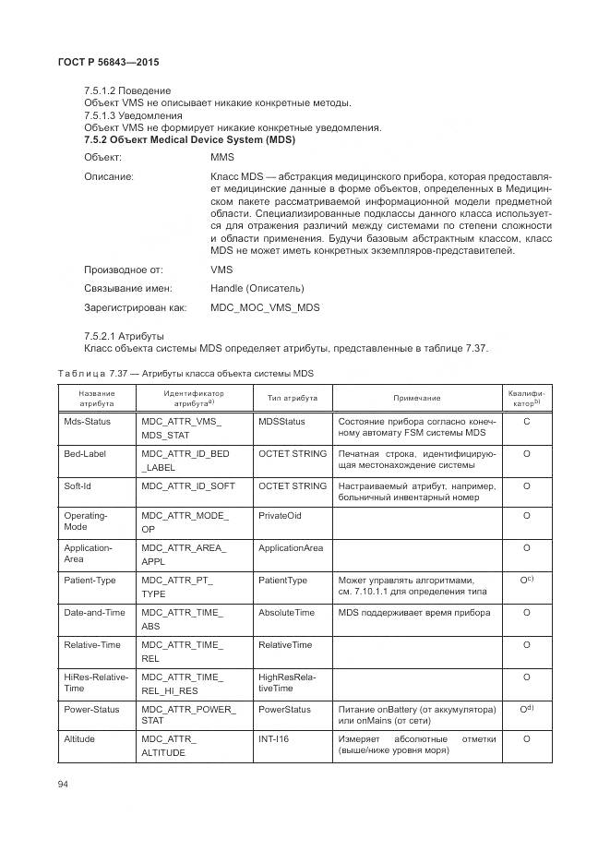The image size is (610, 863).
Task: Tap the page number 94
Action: [x=64, y=785]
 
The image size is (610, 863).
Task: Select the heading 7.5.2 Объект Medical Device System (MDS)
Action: [x=188, y=139]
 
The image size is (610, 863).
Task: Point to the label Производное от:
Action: [x=124, y=270]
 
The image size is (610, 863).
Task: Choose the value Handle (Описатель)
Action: [x=257, y=288]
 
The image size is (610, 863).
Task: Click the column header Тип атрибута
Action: [x=293, y=398]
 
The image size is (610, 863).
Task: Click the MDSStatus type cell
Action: [x=281, y=421]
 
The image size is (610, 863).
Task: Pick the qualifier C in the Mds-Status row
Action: [x=525, y=421]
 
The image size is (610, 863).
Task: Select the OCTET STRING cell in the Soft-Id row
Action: [x=293, y=485]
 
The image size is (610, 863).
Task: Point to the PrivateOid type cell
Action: [x=280, y=515]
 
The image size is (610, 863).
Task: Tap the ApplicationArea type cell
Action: [x=291, y=548]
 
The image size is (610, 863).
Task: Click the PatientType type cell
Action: [x=283, y=581]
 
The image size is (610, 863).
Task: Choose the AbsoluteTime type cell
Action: [x=286, y=613]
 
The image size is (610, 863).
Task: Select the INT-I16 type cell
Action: [x=273, y=739]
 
